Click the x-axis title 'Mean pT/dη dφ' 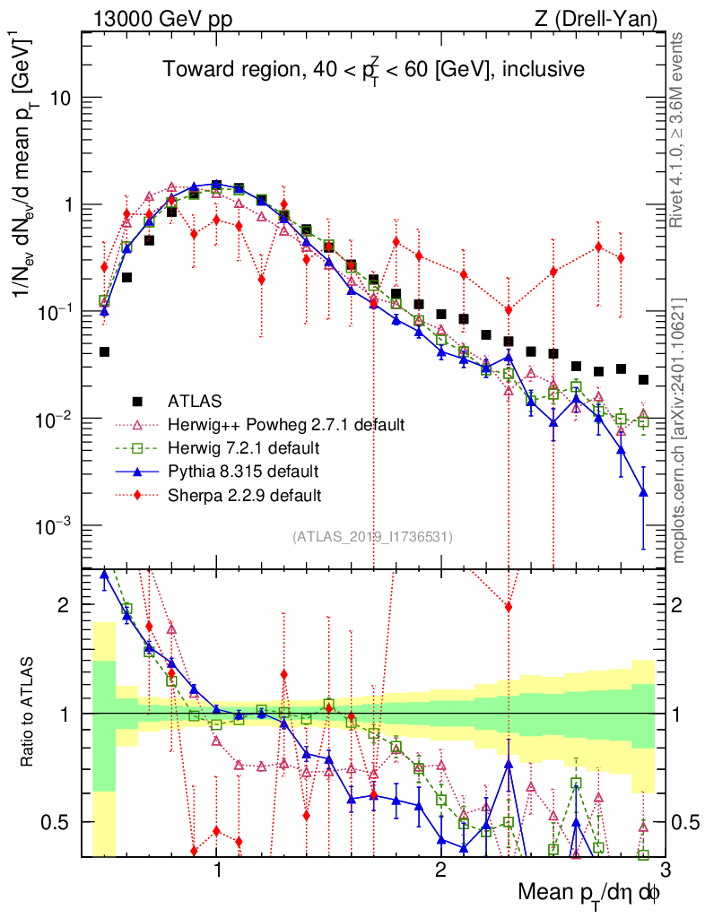[x=589, y=892]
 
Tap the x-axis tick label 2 [x=440, y=869]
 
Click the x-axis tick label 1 [x=217, y=869]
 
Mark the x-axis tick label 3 [x=663, y=869]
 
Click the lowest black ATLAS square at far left [x=105, y=352]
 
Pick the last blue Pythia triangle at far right [x=643, y=491]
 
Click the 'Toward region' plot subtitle [x=373, y=69]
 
